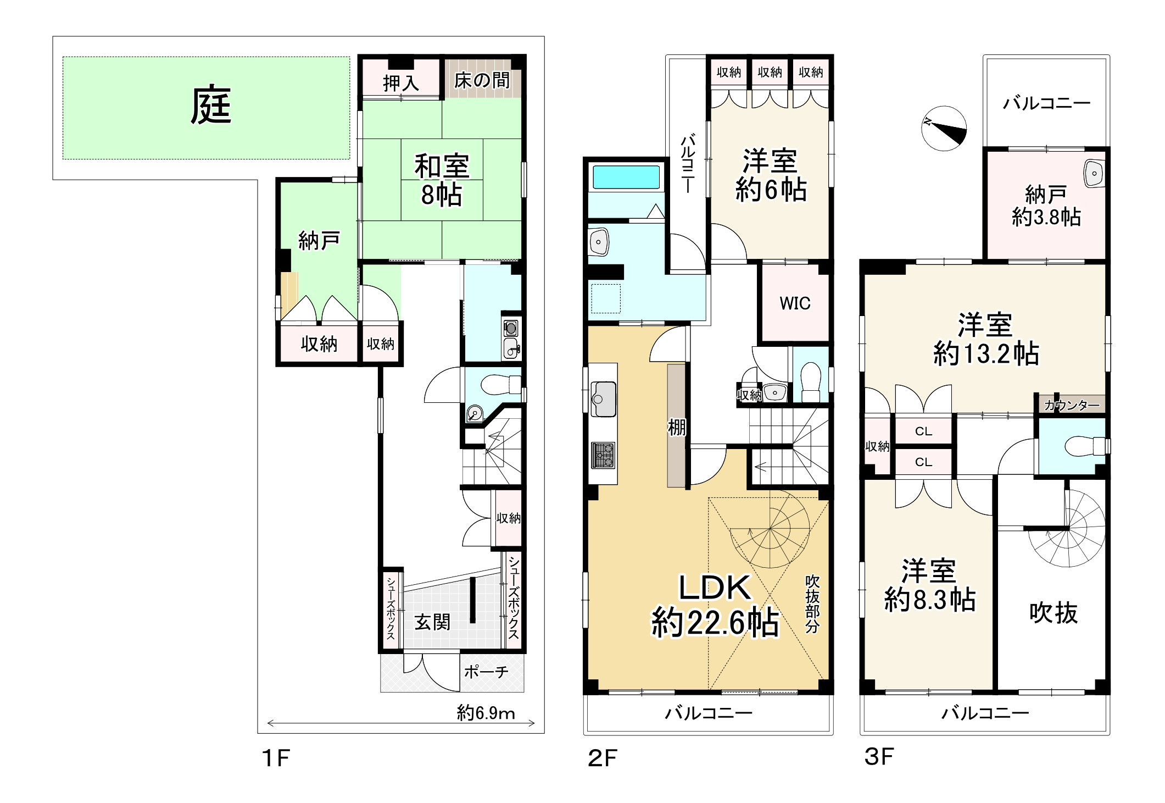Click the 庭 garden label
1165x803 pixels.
point(211,105)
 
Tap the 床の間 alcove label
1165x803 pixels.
point(482,80)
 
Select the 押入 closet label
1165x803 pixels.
point(401,83)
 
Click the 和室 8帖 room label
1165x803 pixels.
point(442,180)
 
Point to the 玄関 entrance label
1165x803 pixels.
point(432,622)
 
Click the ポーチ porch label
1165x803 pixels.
point(486,672)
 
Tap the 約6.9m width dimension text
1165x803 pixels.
point(486,713)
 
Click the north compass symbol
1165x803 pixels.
point(944,129)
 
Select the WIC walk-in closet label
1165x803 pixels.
point(795,303)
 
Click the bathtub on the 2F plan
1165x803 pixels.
point(626,178)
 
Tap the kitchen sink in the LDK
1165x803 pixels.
point(603,399)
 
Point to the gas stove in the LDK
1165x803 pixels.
point(603,455)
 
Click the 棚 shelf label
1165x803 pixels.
point(677,427)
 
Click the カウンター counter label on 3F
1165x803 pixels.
point(1072,406)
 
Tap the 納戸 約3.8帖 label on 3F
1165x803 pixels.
point(1046,206)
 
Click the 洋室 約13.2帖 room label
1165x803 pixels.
point(986,339)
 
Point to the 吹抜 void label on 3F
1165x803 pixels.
point(1053,612)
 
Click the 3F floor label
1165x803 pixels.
point(879,756)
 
